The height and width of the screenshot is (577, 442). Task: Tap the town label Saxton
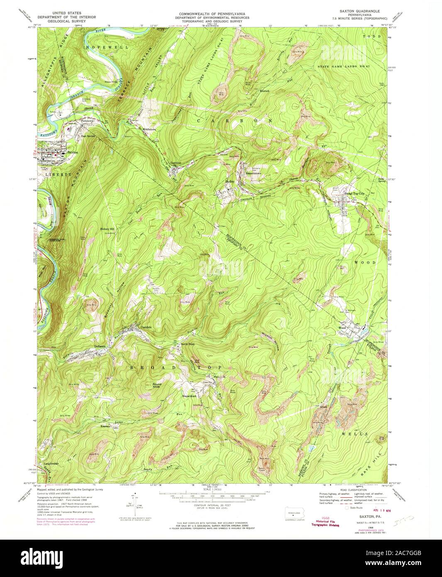tap(72, 153)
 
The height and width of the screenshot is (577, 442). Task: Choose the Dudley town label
tap(230, 182)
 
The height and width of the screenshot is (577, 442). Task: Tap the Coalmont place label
tap(176, 163)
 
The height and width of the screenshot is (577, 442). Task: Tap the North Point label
tap(188, 344)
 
